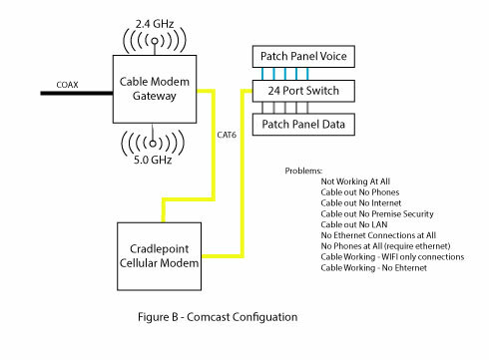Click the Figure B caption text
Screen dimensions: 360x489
coord(216,318)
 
